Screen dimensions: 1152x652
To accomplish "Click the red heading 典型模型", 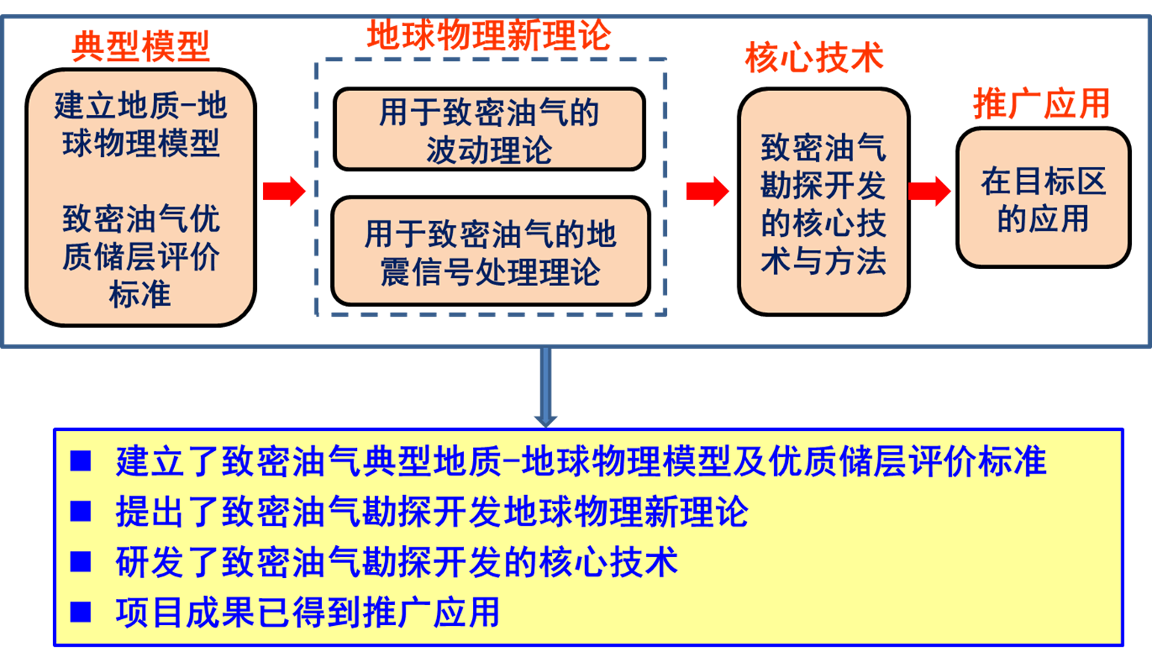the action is (x=140, y=46).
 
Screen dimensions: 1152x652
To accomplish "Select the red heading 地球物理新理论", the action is (x=489, y=35).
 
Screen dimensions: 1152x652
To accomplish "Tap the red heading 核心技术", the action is (x=814, y=57).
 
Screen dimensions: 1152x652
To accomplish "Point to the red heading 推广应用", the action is (x=1041, y=103).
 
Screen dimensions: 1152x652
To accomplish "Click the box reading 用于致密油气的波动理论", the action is (x=489, y=129).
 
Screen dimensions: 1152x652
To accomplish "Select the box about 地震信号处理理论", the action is (x=491, y=251).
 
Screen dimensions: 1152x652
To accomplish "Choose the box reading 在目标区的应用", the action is (x=1044, y=198).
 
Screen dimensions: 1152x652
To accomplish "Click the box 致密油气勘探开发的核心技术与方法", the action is (x=823, y=202).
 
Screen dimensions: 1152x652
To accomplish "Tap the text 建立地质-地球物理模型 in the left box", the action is (x=140, y=124).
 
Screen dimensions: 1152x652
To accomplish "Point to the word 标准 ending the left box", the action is (x=140, y=294).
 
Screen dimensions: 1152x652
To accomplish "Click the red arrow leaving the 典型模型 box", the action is (x=284, y=191).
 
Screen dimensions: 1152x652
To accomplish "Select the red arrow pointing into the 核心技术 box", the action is (x=707, y=191).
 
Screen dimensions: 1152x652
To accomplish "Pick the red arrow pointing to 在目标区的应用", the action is (x=929, y=191).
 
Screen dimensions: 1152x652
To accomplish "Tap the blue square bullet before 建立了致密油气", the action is (x=81, y=461).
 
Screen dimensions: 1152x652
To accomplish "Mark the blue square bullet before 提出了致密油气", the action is (x=81, y=511).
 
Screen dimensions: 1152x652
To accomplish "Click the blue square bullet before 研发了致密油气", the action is (x=81, y=562).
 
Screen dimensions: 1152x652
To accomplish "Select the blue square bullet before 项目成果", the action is (x=81, y=612).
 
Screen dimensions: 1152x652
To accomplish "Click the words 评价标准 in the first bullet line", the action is (x=977, y=461).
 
